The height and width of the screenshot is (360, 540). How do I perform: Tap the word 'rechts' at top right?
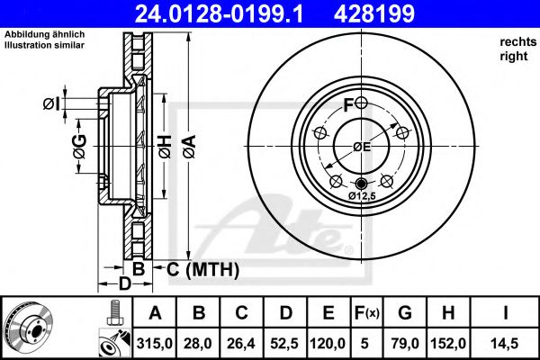click(516, 43)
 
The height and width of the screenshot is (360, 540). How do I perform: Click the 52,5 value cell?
click(286, 342)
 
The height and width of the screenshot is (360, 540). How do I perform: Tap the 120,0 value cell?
click(329, 342)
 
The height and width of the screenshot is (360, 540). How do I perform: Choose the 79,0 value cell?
click(403, 342)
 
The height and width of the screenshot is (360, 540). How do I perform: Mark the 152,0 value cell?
click(447, 342)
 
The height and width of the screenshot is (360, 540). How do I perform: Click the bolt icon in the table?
click(114, 312)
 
